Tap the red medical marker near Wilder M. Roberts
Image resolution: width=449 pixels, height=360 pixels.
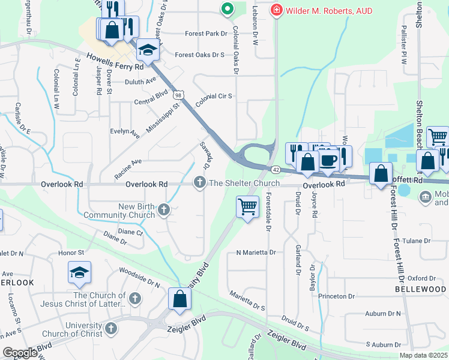click(x=276, y=10)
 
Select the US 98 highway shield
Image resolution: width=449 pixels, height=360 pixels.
click(x=178, y=95)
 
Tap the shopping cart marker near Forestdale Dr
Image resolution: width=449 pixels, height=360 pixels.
click(x=247, y=207)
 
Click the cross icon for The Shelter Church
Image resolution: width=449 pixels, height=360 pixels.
click(x=199, y=183)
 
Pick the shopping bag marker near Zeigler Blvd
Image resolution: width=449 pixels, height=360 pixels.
click(x=179, y=299)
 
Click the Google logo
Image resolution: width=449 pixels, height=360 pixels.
click(x=20, y=352)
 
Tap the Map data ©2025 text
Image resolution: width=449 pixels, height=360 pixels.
click(x=423, y=355)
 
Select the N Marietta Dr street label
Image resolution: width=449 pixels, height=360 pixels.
click(x=256, y=253)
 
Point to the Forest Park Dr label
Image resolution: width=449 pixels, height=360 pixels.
click(x=205, y=34)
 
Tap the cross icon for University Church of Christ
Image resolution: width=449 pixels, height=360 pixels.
click(x=110, y=328)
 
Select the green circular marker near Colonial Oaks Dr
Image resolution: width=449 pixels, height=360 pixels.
click(x=226, y=9)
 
